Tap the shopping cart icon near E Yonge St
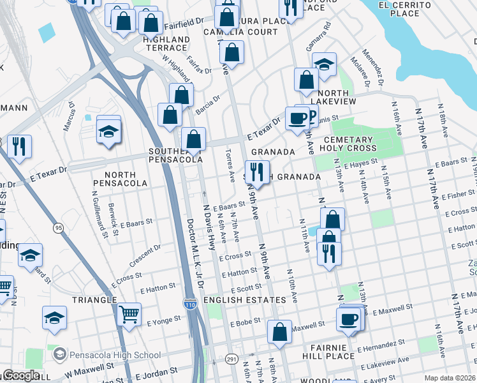[129, 313]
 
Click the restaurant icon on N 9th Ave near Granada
[258, 172]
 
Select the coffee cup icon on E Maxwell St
[348, 320]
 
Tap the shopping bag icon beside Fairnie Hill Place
[279, 332]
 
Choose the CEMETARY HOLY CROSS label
[348, 144]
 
